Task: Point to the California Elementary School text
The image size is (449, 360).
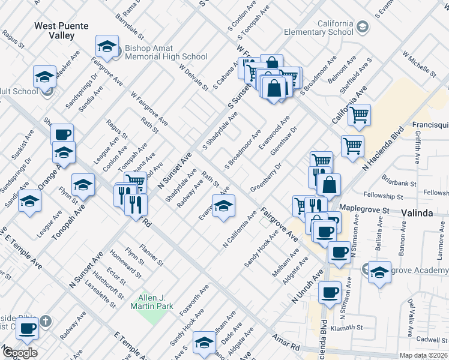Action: point(318,28)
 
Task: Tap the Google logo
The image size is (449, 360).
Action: point(20,353)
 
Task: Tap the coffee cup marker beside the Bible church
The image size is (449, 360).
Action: point(27,328)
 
